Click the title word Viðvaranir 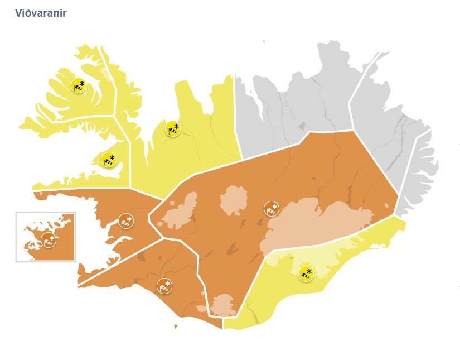pyautogui.click(x=41, y=13)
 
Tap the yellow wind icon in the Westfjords pyautogui.click(x=79, y=86)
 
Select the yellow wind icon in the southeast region pyautogui.click(x=306, y=273)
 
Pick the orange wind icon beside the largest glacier pyautogui.click(x=272, y=209)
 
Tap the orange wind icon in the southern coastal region pyautogui.click(x=164, y=286)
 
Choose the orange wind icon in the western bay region pyautogui.click(x=126, y=220)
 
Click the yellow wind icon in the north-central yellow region pyautogui.click(x=173, y=129)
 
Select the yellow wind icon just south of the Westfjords pyautogui.click(x=109, y=161)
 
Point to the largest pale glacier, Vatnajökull pyautogui.click(x=318, y=223)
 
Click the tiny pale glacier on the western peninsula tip pyautogui.click(x=42, y=195)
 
